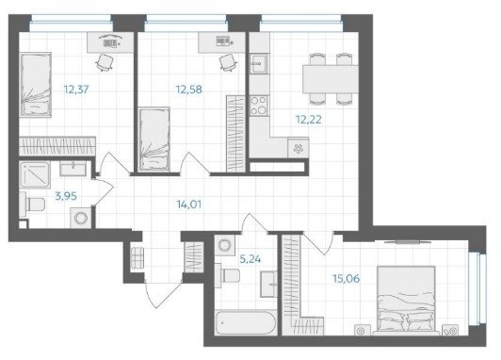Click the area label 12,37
pyautogui.click(x=76, y=90)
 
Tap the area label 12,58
pyautogui.click(x=189, y=90)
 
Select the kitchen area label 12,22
pyautogui.click(x=308, y=120)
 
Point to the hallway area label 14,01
pyautogui.click(x=189, y=204)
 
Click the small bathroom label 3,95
pyautogui.click(x=66, y=196)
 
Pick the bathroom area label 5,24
pyautogui.click(x=250, y=259)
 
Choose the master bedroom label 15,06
pyautogui.click(x=346, y=278)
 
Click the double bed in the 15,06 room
pyautogui.click(x=406, y=299)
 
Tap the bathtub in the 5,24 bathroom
pyautogui.click(x=246, y=322)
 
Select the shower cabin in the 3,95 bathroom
pyautogui.click(x=35, y=175)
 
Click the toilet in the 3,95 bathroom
pyautogui.click(x=32, y=205)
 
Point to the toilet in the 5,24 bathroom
pyautogui.click(x=227, y=275)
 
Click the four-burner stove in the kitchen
pyautogui.click(x=259, y=106)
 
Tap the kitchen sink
pyautogui.click(x=259, y=64)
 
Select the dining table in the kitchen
pyautogui.click(x=331, y=79)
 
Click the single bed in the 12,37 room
pyautogui.click(x=36, y=85)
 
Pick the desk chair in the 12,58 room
pyautogui.click(x=228, y=62)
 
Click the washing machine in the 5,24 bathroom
pyautogui.click(x=225, y=245)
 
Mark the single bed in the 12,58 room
pyautogui.click(x=154, y=139)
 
